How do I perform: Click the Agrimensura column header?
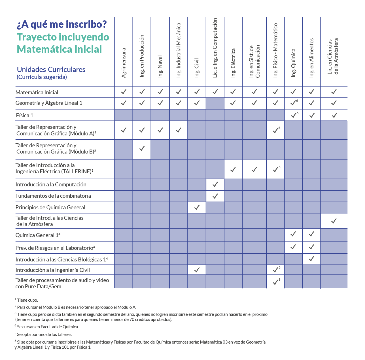124,63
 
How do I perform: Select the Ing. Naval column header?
160,66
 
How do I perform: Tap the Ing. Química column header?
294,63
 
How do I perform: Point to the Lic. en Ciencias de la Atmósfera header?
333,57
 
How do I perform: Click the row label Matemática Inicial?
37,92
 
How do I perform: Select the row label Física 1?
25,115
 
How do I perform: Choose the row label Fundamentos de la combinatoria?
53,196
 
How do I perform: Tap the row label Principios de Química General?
50,207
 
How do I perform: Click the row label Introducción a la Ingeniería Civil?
53,270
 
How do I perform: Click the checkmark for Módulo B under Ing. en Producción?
142,148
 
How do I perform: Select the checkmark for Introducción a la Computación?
215,184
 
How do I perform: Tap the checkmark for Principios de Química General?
197,207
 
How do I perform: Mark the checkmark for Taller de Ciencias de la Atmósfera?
334,221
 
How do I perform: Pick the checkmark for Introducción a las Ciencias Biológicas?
311,259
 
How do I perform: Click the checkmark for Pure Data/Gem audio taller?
275,282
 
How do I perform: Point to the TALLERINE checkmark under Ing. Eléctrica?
233,169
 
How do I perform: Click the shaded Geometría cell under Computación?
215,103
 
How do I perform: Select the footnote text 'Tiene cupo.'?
27,300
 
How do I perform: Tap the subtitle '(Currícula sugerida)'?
42,77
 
